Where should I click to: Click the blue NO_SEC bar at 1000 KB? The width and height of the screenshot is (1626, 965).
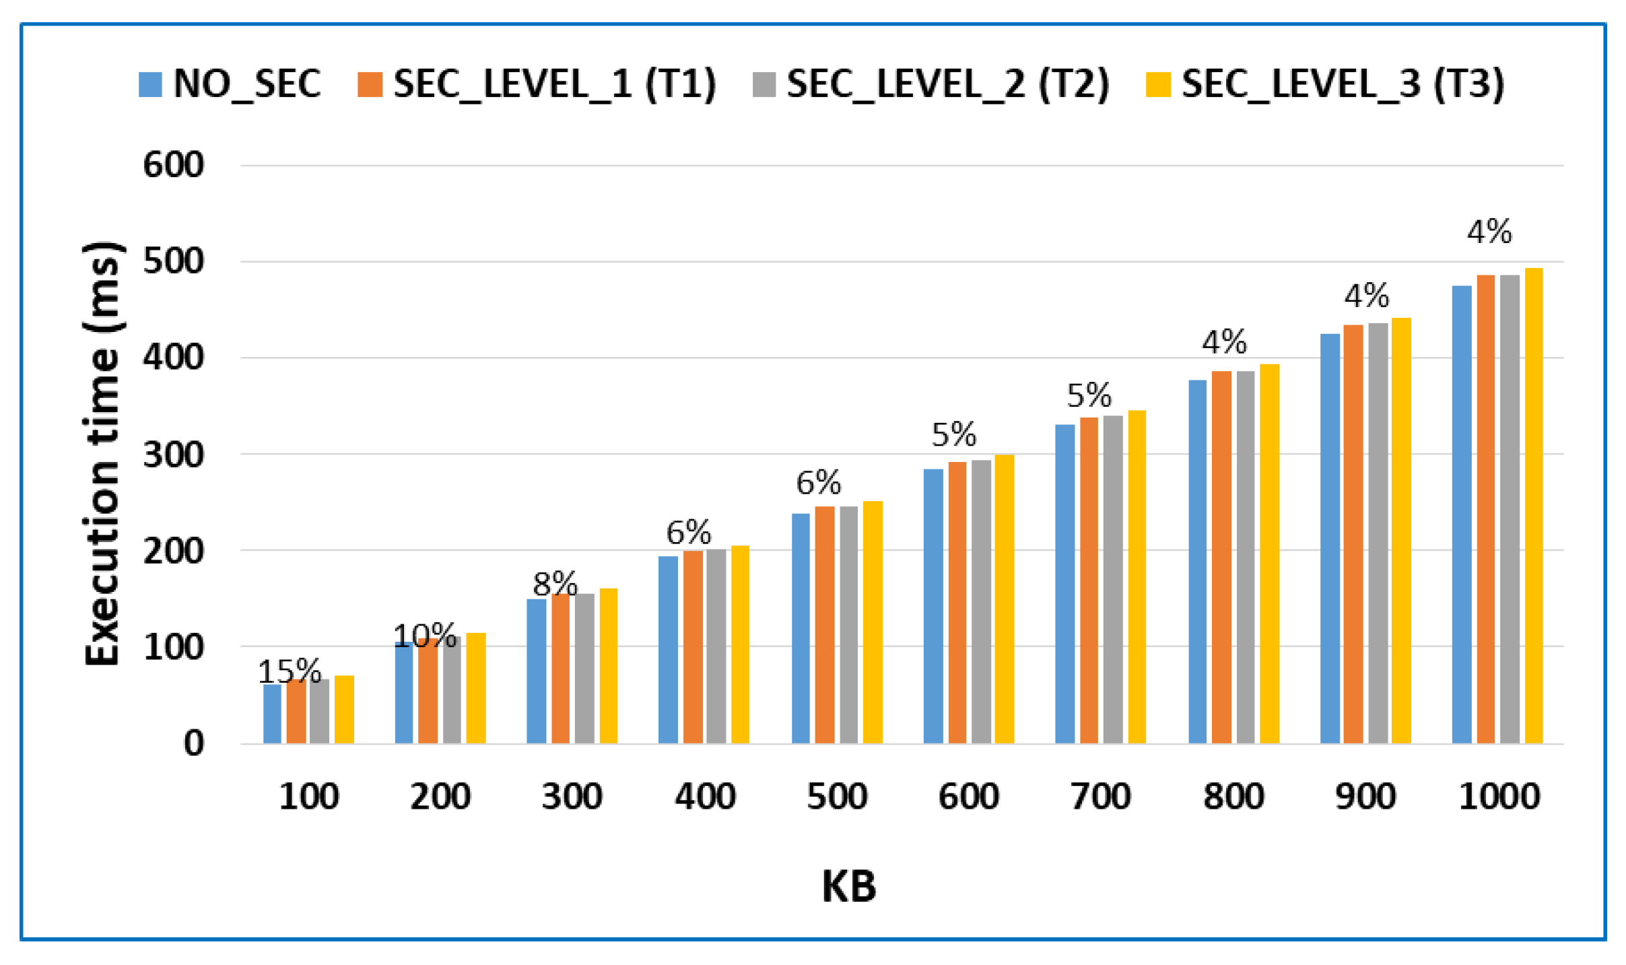pyautogui.click(x=1461, y=515)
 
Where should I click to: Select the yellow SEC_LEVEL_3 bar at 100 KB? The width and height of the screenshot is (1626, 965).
pyautogui.click(x=344, y=710)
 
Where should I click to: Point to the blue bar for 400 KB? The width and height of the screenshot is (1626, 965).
pyautogui.click(x=668, y=650)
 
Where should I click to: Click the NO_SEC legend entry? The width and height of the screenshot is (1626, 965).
pyautogui.click(x=229, y=84)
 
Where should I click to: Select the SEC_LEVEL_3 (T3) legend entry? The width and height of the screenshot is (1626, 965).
pyautogui.click(x=1325, y=84)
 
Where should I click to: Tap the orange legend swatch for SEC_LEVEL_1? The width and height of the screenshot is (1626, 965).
pyautogui.click(x=370, y=85)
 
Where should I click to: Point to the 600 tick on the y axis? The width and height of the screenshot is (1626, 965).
pyautogui.click(x=173, y=165)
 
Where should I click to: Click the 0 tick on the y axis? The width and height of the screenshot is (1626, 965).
pyautogui.click(x=194, y=744)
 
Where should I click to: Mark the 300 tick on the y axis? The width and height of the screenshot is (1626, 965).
pyautogui.click(x=173, y=455)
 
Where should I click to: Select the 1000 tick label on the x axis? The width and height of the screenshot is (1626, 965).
pyautogui.click(x=1499, y=797)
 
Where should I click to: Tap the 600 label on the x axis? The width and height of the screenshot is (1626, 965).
pyautogui.click(x=968, y=797)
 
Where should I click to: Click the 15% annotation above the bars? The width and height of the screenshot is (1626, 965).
pyautogui.click(x=290, y=671)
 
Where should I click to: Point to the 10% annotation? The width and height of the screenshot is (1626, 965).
pyautogui.click(x=424, y=635)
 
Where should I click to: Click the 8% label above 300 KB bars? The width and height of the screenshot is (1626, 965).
pyautogui.click(x=555, y=583)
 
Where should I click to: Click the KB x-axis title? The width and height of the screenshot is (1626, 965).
pyautogui.click(x=848, y=886)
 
